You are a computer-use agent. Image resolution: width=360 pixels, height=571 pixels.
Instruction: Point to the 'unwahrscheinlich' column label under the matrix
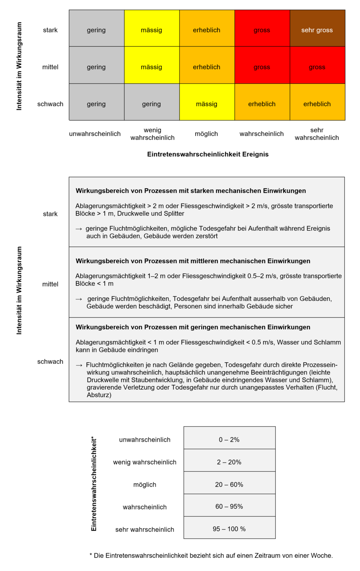tap(95, 134)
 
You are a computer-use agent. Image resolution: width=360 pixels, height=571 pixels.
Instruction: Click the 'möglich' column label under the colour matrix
tap(206, 134)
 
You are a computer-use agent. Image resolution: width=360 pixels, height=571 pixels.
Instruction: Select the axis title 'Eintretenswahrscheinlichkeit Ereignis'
tap(208, 154)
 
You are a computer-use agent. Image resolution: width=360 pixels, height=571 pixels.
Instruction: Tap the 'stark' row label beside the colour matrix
tap(50, 30)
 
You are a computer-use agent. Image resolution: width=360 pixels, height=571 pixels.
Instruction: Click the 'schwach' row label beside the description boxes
tap(50, 362)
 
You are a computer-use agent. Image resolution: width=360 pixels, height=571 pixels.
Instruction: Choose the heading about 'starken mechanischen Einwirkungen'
tap(191, 191)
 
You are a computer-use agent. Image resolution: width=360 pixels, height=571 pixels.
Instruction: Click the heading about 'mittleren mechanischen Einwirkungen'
tap(193, 261)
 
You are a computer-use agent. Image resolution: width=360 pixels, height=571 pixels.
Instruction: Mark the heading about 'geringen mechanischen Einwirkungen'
tap(193, 327)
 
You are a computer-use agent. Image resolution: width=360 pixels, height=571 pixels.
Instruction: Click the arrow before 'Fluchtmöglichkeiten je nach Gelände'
tap(79, 365)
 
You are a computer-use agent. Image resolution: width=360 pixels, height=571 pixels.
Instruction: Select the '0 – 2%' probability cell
tap(229, 440)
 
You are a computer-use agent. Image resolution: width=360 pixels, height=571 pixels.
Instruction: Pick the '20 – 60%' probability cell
tap(229, 485)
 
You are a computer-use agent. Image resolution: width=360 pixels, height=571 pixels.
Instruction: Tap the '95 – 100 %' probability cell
tap(229, 529)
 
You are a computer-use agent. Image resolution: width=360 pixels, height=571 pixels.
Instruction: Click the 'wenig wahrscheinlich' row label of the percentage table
tap(145, 462)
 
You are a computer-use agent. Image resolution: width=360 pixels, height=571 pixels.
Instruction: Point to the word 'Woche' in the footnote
tap(321, 556)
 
